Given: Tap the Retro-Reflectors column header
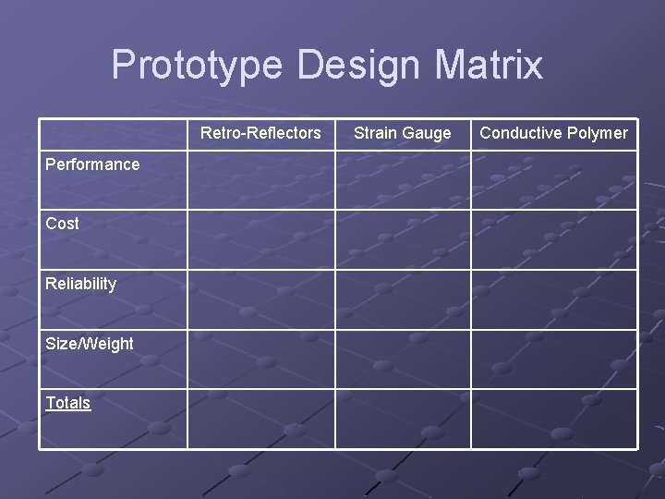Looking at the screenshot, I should point(260,133).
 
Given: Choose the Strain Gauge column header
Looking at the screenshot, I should point(403,133).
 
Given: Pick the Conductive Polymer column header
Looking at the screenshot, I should point(553,133).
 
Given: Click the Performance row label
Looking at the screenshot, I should point(92,164).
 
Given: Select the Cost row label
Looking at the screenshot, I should point(62,224).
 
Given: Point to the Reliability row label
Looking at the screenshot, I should point(80,284).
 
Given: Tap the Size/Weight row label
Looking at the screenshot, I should point(89,344).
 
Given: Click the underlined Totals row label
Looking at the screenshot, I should point(68,403).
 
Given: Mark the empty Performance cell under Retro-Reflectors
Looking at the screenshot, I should point(260,180).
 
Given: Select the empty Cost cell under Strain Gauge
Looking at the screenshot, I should point(403,239).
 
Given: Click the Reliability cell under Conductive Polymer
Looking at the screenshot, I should point(554,299).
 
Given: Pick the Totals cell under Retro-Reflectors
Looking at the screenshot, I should point(260,419).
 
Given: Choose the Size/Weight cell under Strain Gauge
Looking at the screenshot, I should point(403,359).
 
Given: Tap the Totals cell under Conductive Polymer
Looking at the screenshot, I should point(554,419).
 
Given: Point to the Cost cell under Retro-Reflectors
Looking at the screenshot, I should point(260,239).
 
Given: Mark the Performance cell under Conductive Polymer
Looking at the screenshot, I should point(554,180).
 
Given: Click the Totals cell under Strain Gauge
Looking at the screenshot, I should point(403,419).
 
